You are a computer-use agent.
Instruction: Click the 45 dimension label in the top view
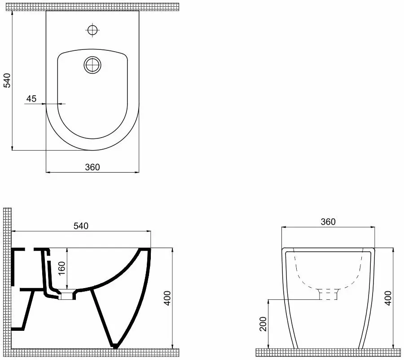[31, 98]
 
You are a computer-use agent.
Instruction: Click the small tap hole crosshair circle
[92, 30]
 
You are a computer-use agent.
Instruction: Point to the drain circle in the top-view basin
[92, 65]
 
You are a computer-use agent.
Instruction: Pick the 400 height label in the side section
[167, 298]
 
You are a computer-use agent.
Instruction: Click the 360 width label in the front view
[328, 222]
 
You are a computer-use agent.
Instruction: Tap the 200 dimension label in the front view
[263, 324]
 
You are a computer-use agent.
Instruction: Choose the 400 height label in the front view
[388, 298]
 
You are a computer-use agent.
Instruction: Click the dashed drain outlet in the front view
[328, 294]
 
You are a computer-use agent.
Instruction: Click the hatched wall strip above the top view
[92, 7]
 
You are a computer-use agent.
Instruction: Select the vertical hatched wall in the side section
[7, 279]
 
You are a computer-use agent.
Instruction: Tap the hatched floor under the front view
[328, 352]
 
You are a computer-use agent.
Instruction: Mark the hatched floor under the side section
[95, 352]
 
